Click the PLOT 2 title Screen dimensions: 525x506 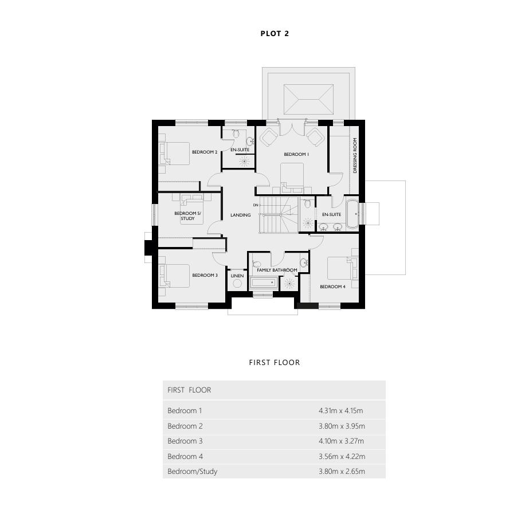click(275, 33)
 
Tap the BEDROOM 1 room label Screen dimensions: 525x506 click(296, 154)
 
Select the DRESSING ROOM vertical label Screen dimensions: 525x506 click(355, 156)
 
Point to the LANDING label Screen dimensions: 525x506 click(240, 215)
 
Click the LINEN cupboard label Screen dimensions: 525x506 click(237, 276)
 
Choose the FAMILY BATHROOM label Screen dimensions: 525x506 click(277, 270)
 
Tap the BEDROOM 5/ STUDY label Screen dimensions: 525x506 click(187, 216)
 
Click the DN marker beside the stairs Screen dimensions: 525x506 click(256, 205)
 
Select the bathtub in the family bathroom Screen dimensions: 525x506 click(264, 283)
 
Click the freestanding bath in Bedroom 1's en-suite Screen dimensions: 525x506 click(352, 214)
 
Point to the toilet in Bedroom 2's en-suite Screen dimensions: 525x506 click(236, 133)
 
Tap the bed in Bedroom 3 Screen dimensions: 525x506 click(174, 276)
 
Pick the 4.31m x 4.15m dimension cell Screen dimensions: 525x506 click(341, 411)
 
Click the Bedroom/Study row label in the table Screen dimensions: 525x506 click(193, 472)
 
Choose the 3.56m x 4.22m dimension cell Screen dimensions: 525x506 click(342, 457)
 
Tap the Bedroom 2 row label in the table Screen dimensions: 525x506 click(185, 426)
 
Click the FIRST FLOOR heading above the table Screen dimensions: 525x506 click(275, 362)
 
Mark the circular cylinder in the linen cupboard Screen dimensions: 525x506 click(237, 284)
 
